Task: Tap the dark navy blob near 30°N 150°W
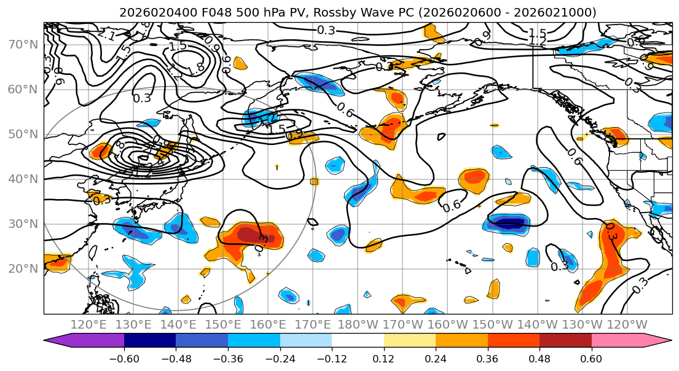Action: click(509, 224)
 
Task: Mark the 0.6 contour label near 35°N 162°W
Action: click(452, 206)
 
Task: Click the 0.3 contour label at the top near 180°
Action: click(326, 29)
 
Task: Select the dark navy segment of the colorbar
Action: click(150, 342)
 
